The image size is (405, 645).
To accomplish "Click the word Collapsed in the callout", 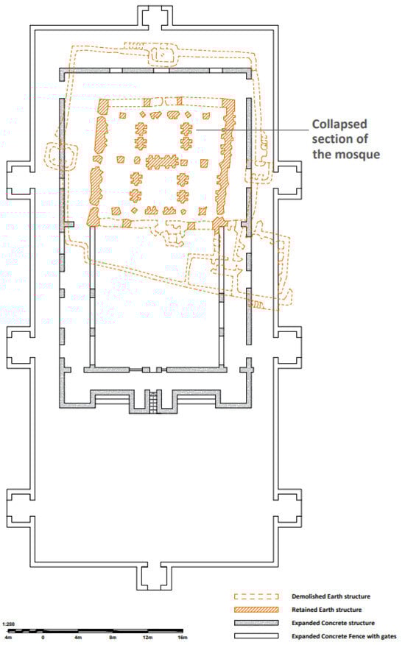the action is pos(339,124).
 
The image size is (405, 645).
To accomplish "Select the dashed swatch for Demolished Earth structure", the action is pos(256,596).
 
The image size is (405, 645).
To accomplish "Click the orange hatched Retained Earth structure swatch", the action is pos(256,609).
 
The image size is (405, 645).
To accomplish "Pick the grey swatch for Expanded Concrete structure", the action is pos(256,623).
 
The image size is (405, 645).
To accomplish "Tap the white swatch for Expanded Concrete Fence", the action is pos(256,636).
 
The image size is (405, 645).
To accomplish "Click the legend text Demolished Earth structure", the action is pos(331,596).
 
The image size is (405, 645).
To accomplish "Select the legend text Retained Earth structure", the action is pos(327,609).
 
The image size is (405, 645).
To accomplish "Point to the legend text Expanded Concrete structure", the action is pos(333,623).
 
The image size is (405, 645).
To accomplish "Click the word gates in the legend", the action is pos(388,636).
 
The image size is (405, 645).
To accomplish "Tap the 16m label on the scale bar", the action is pos(183,638).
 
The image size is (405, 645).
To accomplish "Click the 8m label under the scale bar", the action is pos(113,638).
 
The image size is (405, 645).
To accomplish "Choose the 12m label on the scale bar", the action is pos(148,638).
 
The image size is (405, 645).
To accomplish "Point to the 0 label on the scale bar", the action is pos(43,638).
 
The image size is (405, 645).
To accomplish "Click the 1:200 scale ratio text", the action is pos(8,624).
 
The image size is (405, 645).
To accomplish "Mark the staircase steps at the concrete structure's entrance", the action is pos(153,401).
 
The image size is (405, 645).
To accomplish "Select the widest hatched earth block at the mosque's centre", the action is pos(161,161).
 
